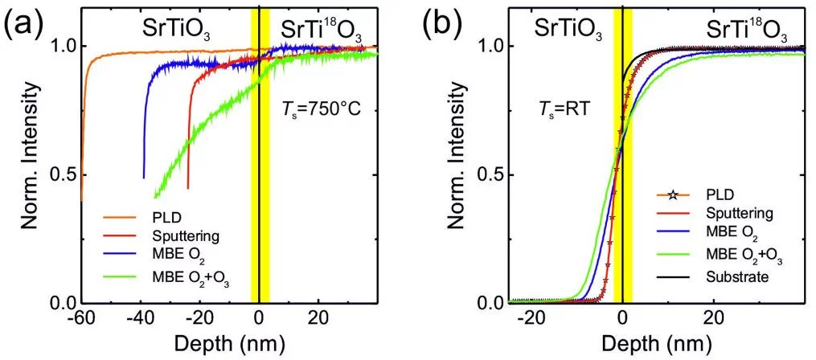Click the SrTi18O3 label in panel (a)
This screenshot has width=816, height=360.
(321, 31)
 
